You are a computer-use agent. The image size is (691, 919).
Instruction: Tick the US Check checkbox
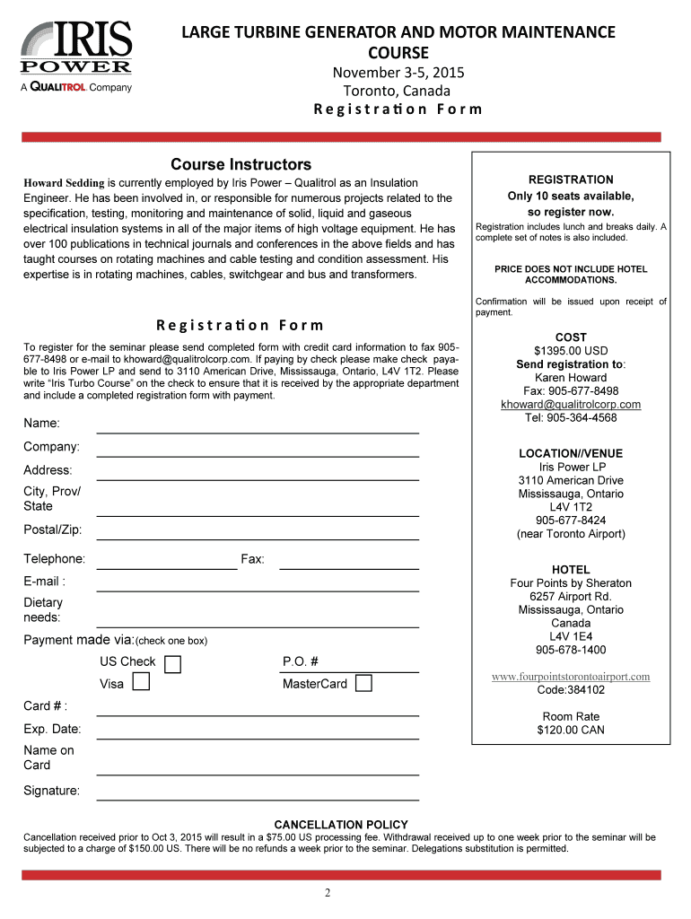173,664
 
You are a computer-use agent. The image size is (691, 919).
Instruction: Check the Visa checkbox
141,683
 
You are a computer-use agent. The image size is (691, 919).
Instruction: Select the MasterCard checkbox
363,684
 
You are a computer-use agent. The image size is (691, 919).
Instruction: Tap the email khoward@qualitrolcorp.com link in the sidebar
571,404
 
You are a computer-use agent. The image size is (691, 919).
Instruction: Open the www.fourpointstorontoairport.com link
571,677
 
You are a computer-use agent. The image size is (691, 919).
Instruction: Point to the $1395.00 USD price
571,351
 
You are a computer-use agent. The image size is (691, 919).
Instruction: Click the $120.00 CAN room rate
571,730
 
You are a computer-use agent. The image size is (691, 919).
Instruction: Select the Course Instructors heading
241,164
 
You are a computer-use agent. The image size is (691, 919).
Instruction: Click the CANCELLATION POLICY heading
341,824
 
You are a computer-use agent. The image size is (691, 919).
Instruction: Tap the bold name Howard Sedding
65,183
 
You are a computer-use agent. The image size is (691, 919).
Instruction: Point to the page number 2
328,892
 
